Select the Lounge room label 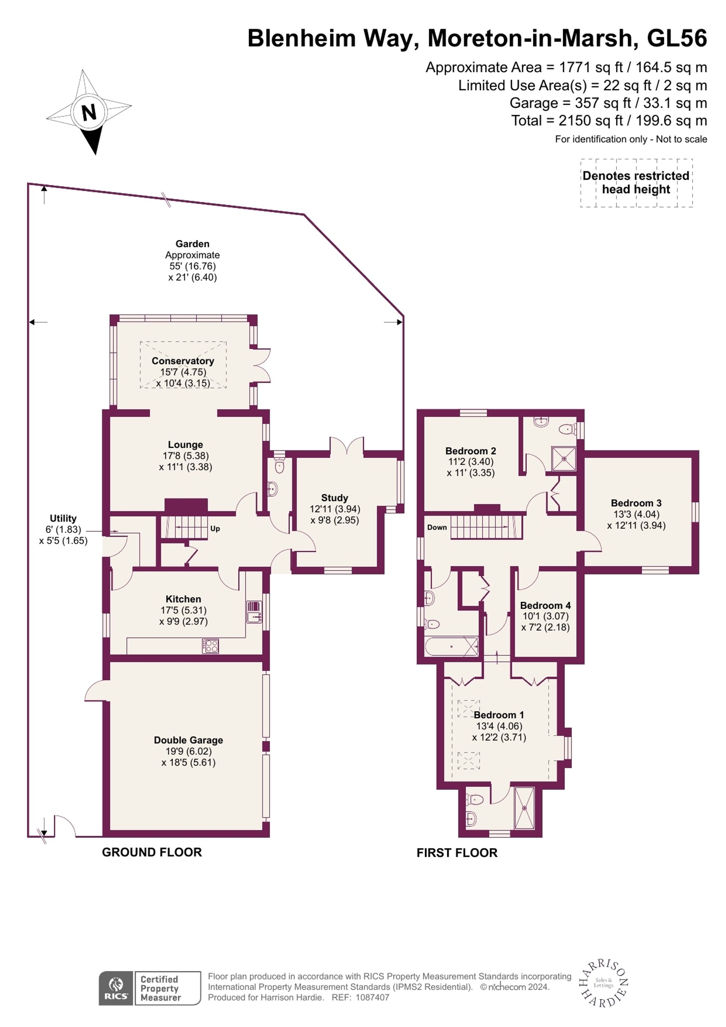point(185,444)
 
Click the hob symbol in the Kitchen point(210,646)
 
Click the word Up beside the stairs point(215,528)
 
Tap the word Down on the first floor point(436,527)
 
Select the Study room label point(334,498)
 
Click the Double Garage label point(188,740)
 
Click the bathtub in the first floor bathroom point(452,647)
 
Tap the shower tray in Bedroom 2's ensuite point(564,458)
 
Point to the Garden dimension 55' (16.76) point(192,266)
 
